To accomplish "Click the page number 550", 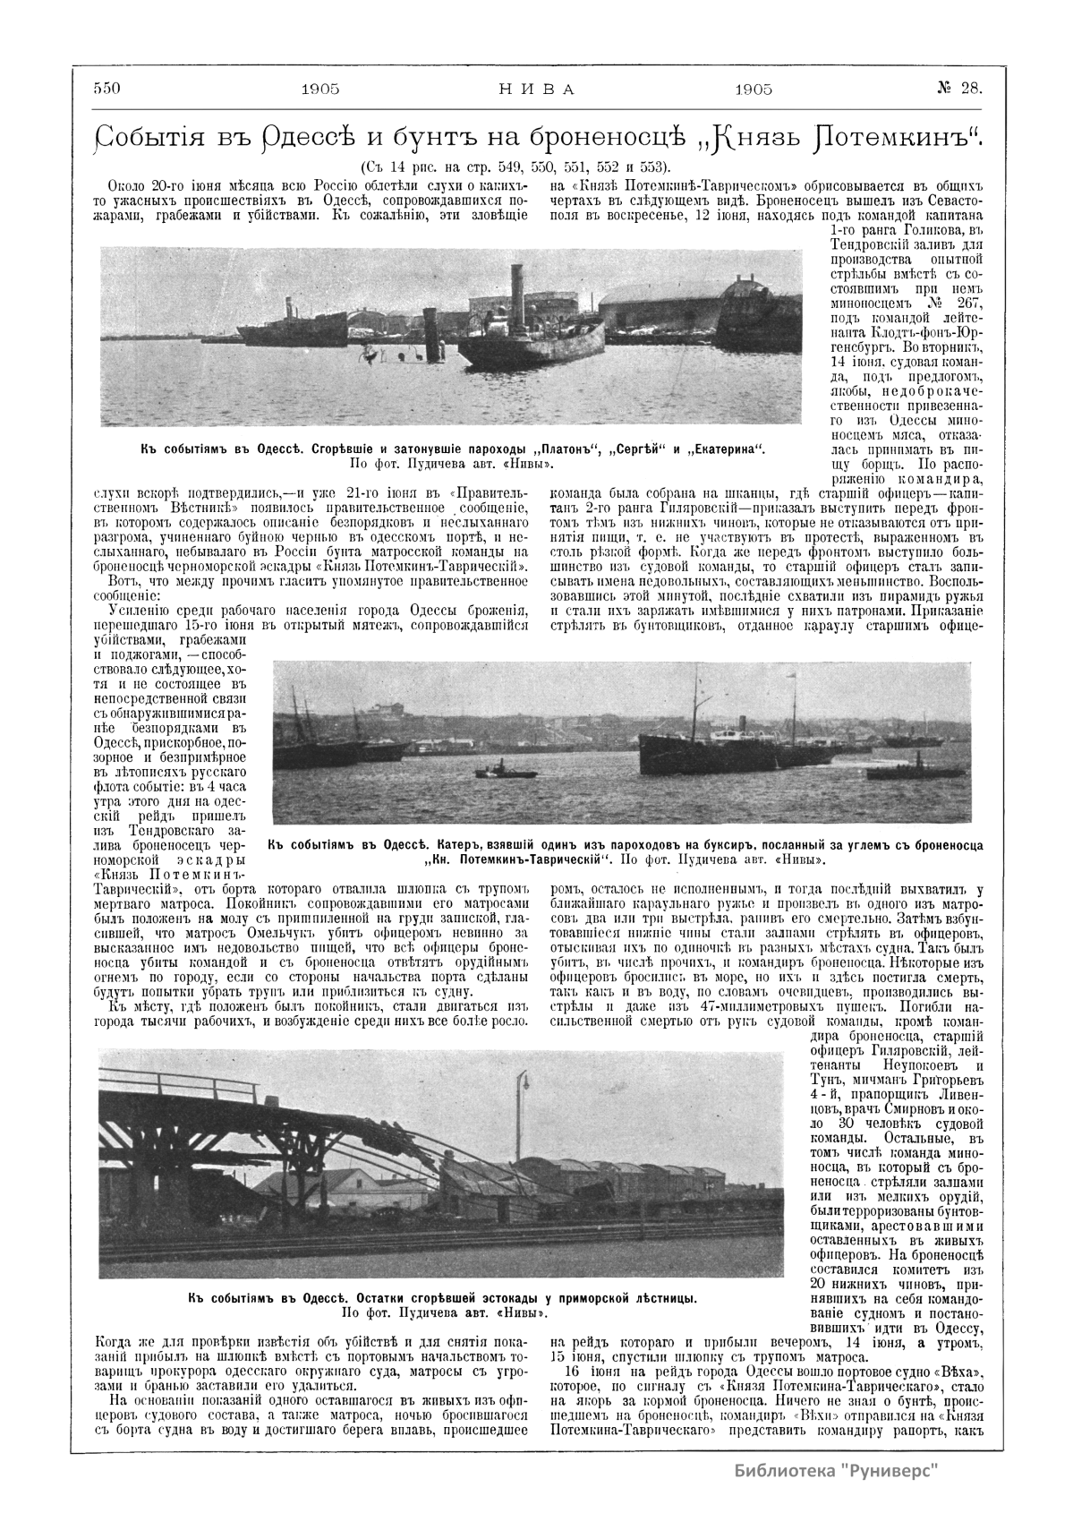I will click(107, 88).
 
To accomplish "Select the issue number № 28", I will click(960, 88).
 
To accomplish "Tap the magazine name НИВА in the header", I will click(535, 89).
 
